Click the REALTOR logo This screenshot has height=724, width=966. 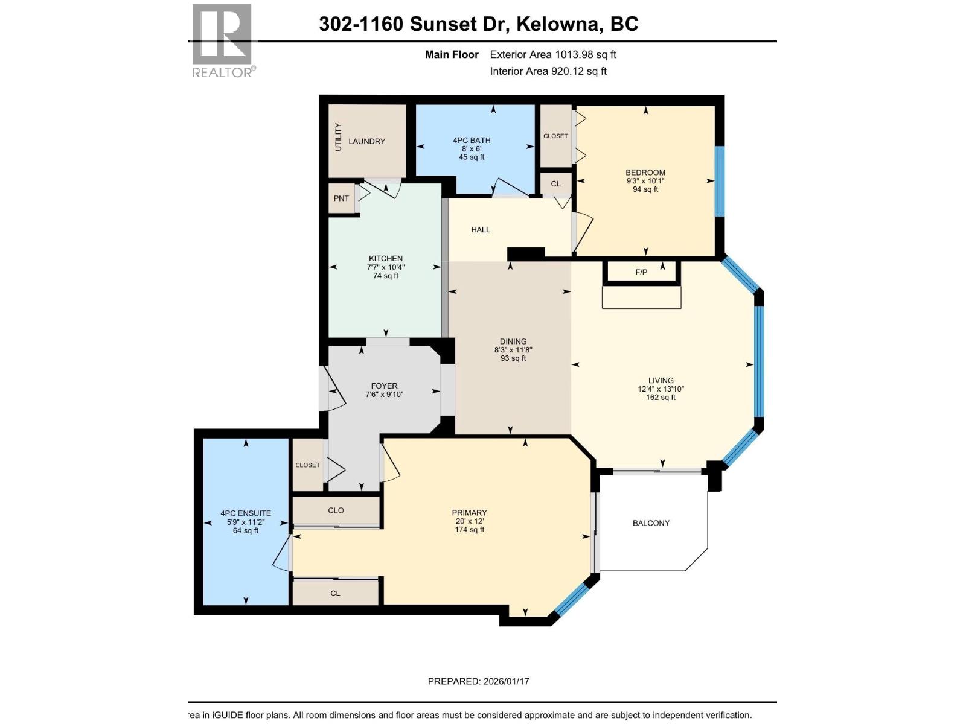coord(222,41)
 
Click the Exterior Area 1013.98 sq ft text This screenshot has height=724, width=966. coord(552,54)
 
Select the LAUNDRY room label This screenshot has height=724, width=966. coord(366,141)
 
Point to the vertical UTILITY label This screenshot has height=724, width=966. coord(338,137)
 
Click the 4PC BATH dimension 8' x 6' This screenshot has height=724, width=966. coord(472,148)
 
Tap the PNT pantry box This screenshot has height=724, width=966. coord(341,198)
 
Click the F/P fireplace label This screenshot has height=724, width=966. coord(641,272)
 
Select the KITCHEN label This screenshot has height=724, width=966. coord(386,258)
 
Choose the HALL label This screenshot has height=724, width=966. coord(481,230)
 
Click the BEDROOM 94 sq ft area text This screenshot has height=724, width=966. coord(645,189)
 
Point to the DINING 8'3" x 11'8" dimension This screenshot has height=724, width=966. coord(513,350)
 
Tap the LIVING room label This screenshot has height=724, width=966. coord(661,380)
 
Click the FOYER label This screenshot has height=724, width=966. coord(384,386)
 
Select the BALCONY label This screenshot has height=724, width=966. coord(651,523)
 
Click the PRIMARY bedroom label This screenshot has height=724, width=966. coord(469,513)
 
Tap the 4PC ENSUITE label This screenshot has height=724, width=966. coord(246,513)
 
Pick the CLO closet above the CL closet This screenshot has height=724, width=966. coord(336,510)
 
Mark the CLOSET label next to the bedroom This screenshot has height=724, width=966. coord(555,136)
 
